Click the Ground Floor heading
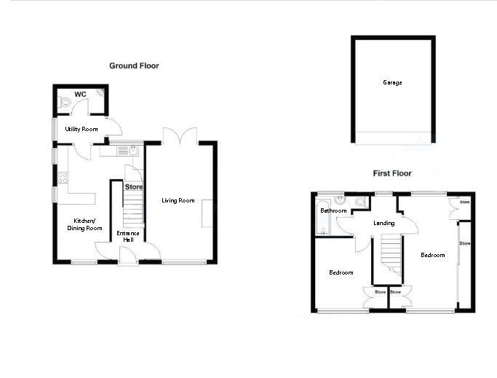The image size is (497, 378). [134, 66]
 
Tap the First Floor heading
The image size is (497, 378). [392, 173]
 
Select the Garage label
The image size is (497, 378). [392, 82]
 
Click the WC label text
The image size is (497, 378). [81, 93]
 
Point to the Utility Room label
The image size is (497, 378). [81, 129]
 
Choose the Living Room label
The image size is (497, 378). [178, 200]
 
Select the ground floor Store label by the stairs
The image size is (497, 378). [133, 187]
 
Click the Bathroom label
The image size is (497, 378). [333, 210]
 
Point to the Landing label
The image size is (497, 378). [383, 223]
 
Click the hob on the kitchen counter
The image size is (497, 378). [63, 177]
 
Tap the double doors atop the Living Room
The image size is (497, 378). [179, 136]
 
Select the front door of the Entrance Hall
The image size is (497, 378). [127, 255]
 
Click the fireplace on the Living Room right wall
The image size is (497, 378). [207, 212]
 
